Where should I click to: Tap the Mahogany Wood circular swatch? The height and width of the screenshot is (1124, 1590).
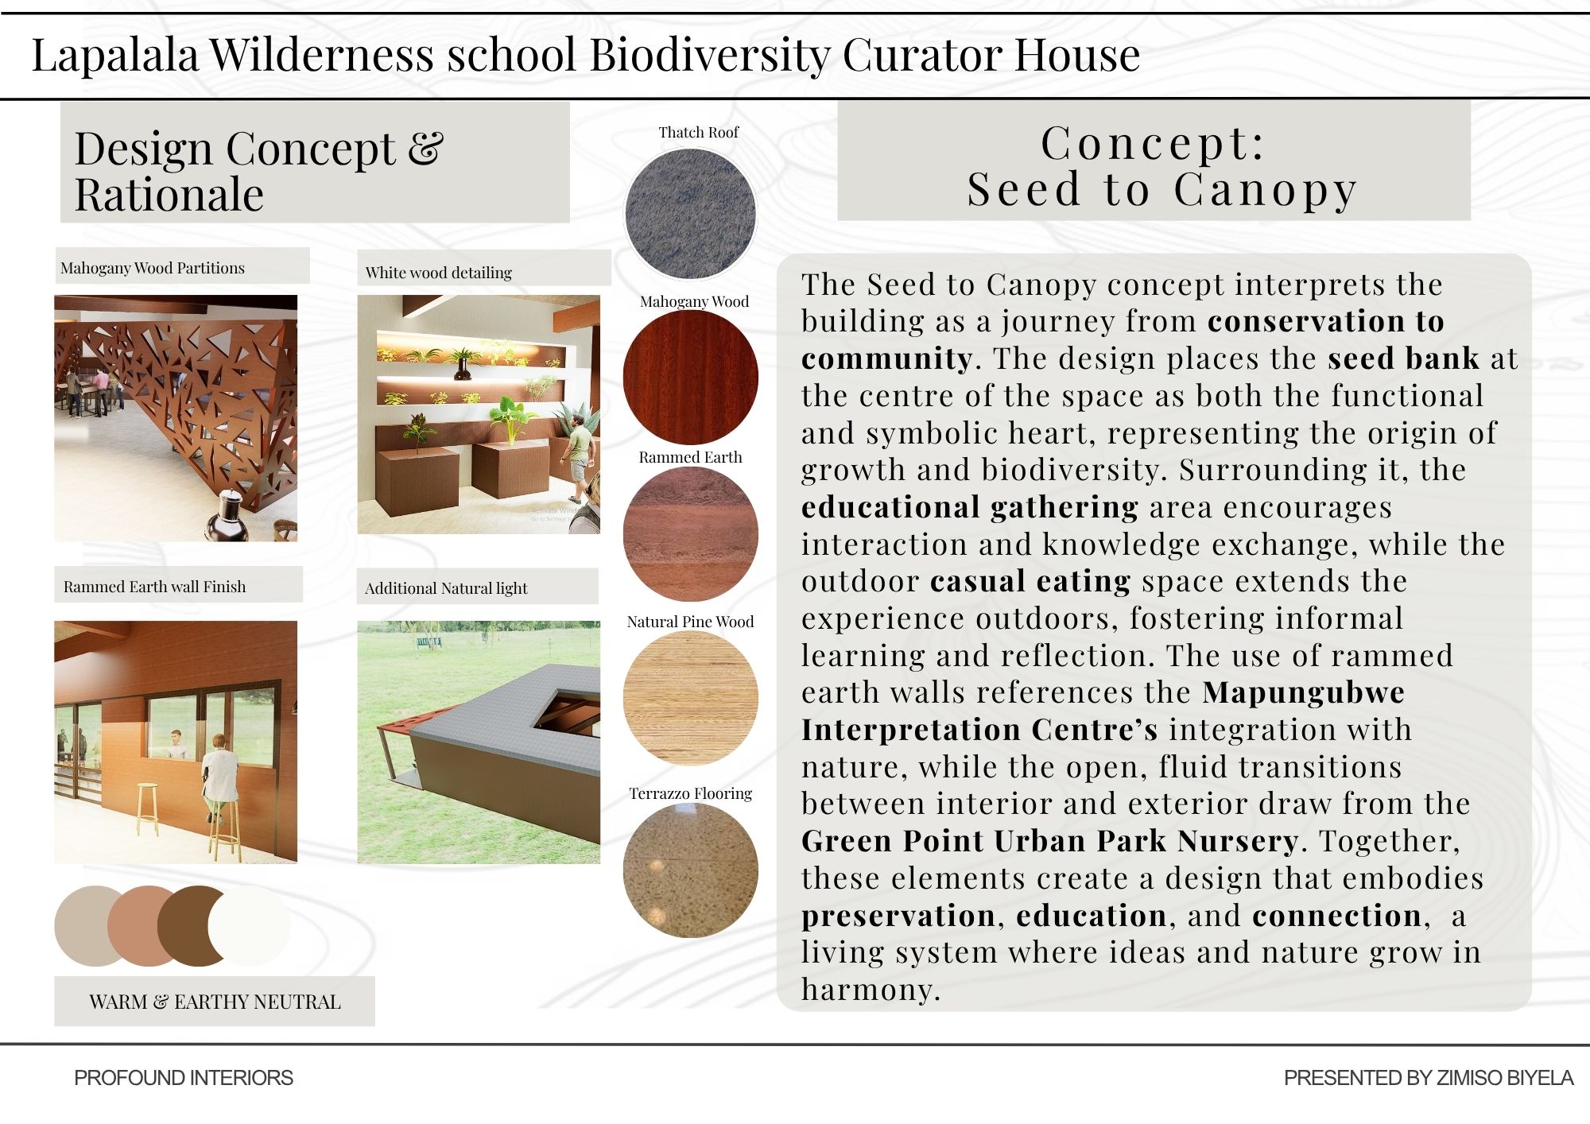[690, 377]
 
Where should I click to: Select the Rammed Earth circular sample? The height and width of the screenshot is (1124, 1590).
[690, 533]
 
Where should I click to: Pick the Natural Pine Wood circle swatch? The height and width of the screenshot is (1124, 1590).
[690, 698]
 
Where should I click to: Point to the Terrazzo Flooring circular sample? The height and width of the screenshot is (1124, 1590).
[690, 870]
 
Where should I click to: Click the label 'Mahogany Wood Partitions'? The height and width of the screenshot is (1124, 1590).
[153, 268]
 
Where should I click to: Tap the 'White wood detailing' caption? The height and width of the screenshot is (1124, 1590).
[439, 273]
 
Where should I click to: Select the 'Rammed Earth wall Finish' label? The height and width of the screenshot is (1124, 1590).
[155, 587]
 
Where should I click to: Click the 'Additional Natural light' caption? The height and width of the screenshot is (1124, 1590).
[446, 588]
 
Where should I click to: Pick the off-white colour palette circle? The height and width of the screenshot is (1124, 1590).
[250, 926]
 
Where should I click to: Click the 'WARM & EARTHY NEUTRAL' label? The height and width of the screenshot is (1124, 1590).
[215, 1002]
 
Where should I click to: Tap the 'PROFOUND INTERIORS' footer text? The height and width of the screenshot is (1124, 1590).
[184, 1078]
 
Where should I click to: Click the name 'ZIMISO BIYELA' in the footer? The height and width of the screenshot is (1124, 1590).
[1505, 1078]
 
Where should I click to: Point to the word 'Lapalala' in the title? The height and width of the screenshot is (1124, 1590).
[115, 55]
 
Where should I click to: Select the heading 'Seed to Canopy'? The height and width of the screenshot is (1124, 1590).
[1161, 191]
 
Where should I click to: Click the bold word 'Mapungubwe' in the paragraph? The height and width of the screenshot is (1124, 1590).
[1303, 692]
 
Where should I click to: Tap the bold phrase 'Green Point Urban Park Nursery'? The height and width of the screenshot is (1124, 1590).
[1049, 841]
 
